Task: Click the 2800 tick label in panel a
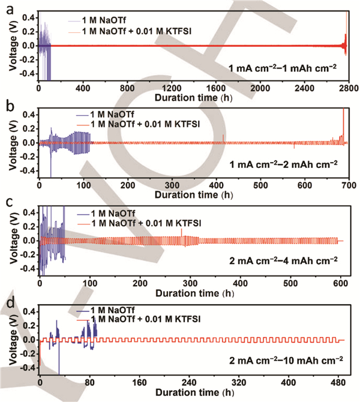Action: pos(347,88)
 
